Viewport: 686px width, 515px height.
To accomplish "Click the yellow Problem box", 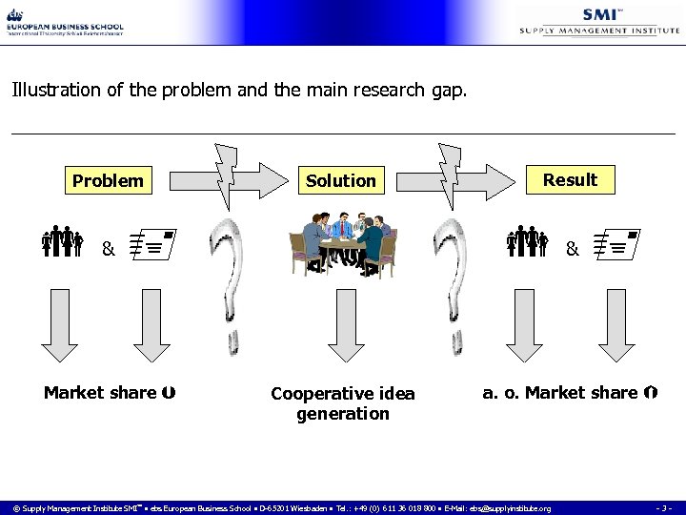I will (109, 180).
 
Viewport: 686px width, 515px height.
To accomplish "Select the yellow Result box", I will (569, 179).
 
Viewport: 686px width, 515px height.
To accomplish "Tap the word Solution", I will (340, 180).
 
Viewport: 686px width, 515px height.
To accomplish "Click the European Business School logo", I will (65, 23).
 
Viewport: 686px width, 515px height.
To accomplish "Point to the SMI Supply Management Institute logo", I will (599, 21).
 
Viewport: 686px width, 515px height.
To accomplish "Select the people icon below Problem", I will (63, 244).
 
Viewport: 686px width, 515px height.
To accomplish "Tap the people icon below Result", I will (527, 244).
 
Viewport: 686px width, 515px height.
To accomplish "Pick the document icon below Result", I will (614, 246).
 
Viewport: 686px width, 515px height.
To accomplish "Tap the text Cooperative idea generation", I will (343, 403).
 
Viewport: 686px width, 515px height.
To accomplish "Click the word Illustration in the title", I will (52, 92).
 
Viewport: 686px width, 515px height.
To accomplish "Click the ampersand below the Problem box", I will (109, 250).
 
